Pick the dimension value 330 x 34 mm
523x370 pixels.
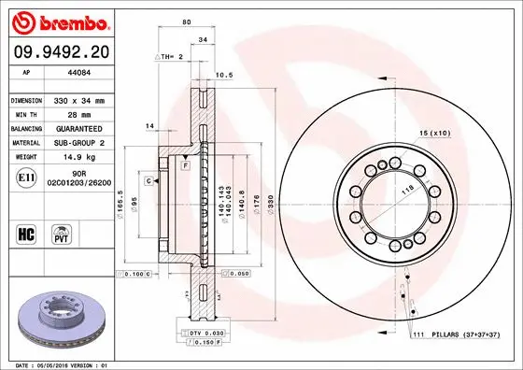(x=81, y=98)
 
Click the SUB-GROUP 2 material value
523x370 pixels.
(x=81, y=142)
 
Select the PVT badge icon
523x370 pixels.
(x=63, y=233)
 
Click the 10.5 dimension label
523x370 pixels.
(x=224, y=75)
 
